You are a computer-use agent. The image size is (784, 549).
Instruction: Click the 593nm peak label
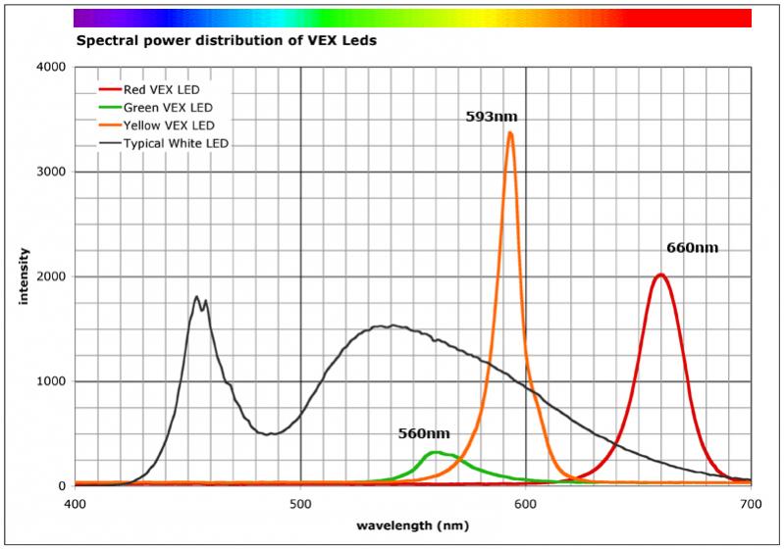pyautogui.click(x=491, y=118)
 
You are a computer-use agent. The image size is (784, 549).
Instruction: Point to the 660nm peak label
pyautogui.click(x=692, y=248)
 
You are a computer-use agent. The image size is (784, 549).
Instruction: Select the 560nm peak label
pyautogui.click(x=423, y=433)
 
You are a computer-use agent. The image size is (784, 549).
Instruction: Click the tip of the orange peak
pyautogui.click(x=510, y=132)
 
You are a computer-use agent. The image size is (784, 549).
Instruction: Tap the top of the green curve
pyautogui.click(x=435, y=452)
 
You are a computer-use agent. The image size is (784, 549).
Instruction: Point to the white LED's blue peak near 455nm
pyautogui.click(x=196, y=297)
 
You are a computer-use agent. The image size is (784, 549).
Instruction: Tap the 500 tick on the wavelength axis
pyautogui.click(x=300, y=505)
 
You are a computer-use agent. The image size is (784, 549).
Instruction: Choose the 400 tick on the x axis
pyautogui.click(x=75, y=505)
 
